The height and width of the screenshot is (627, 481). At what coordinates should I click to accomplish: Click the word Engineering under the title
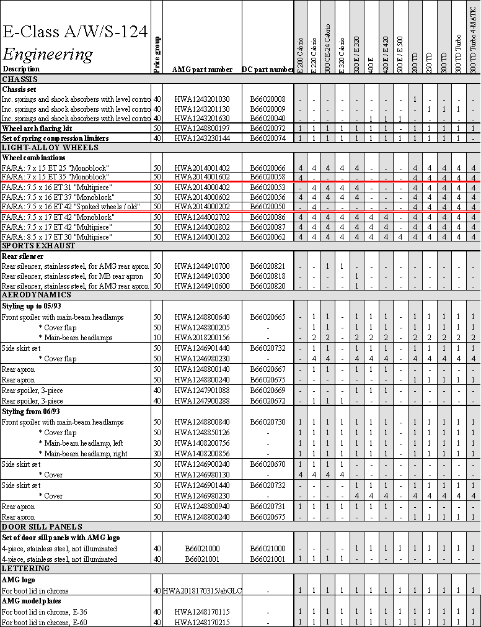pyautogui.click(x=48, y=53)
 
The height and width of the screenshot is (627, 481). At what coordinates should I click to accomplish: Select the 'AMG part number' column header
pyautogui.click(x=202, y=70)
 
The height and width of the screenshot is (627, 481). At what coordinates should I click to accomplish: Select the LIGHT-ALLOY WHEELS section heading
pyautogui.click(x=42, y=148)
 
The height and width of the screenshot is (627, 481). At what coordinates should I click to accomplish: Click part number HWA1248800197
pyautogui.click(x=202, y=129)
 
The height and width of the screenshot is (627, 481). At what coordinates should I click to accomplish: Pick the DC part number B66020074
pyautogui.click(x=268, y=138)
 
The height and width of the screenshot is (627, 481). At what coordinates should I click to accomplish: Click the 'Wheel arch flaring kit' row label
pyautogui.click(x=37, y=129)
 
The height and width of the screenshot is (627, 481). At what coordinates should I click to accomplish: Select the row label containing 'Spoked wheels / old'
pyautogui.click(x=71, y=207)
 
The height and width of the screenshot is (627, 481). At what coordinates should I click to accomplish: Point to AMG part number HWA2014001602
pyautogui.click(x=202, y=178)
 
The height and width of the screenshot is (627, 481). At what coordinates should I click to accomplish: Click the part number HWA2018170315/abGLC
pyautogui.click(x=202, y=591)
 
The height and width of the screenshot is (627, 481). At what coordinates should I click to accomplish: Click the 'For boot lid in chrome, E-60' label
pyautogui.click(x=44, y=622)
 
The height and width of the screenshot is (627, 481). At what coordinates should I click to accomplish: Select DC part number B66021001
pyautogui.click(x=268, y=559)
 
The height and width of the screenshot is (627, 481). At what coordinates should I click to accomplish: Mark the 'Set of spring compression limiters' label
pyautogui.click(x=55, y=138)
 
